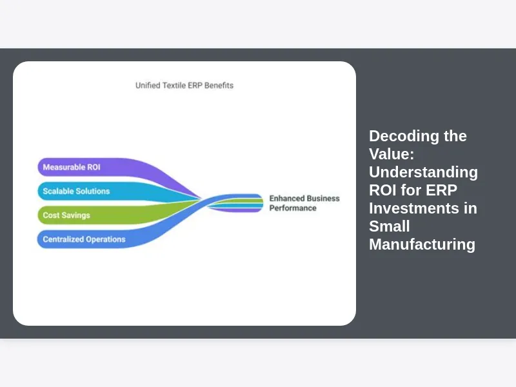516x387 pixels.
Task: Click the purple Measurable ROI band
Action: coord(71,167)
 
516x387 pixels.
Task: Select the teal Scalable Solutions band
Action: coord(76,191)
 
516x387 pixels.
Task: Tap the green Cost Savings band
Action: coord(66,215)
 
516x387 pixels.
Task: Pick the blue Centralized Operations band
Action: coord(84,239)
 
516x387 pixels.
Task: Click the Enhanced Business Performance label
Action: coord(304,203)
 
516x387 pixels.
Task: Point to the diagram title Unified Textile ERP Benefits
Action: coord(184,85)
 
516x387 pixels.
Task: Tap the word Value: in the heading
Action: coord(391,154)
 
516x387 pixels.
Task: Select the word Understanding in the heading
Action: coord(423,172)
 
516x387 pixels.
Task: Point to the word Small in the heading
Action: coord(390,226)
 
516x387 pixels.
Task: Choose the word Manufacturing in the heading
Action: coord(422,244)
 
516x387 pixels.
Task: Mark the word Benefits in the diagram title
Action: coord(219,85)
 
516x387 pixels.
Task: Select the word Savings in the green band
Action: coord(77,215)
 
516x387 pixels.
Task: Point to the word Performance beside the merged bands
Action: coord(293,208)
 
